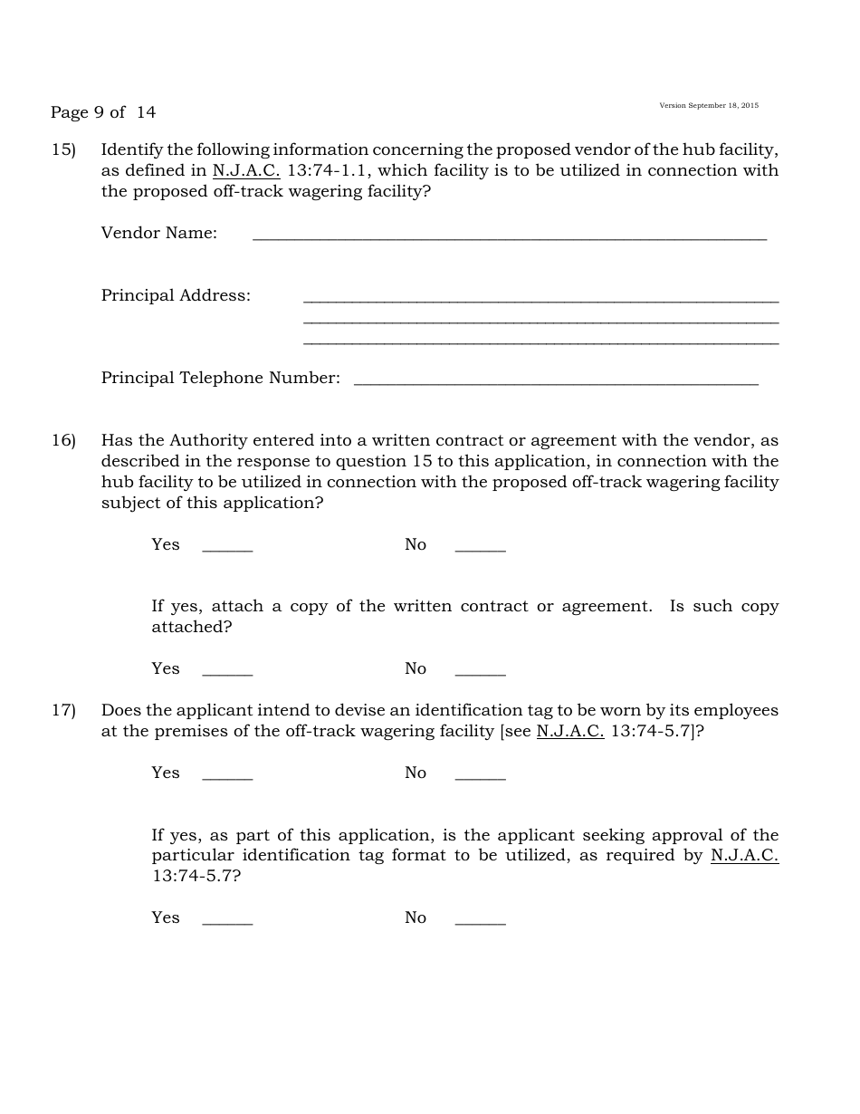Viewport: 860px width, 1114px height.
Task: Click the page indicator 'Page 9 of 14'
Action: coord(103,112)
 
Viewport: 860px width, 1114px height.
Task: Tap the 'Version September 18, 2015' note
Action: coord(709,106)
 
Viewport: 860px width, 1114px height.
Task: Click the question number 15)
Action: coord(63,149)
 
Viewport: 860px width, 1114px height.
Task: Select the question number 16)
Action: coord(63,440)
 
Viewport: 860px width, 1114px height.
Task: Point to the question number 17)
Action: coord(63,710)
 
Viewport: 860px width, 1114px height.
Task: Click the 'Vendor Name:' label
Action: coord(159,233)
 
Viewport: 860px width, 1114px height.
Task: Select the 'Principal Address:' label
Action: coord(176,295)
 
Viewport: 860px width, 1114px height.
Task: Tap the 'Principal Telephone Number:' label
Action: coord(221,378)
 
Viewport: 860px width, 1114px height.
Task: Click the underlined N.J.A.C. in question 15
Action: coord(246,170)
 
